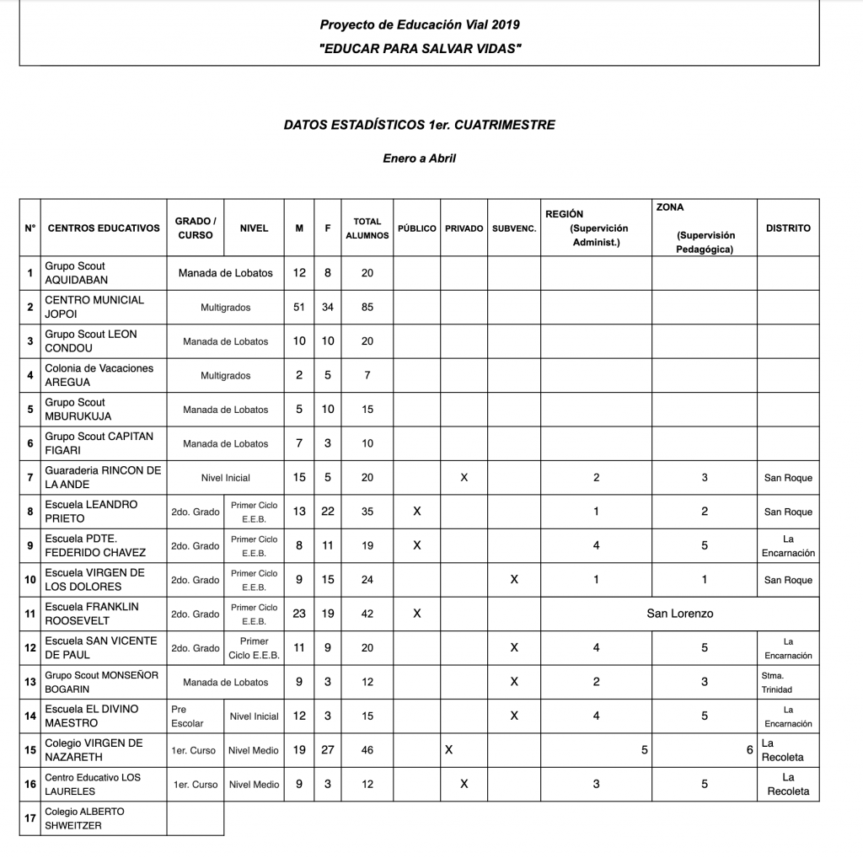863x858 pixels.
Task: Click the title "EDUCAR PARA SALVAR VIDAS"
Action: (x=420, y=49)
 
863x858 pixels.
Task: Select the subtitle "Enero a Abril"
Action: (x=419, y=158)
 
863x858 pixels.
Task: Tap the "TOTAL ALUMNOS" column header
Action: (x=367, y=228)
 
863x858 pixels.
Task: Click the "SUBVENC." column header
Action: (x=514, y=228)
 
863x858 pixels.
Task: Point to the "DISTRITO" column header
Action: (x=788, y=228)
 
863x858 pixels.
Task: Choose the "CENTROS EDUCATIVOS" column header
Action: (x=104, y=228)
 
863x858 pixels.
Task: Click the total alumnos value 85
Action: (x=367, y=308)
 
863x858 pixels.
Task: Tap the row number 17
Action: (x=30, y=818)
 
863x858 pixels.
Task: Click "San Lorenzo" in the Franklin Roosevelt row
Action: (x=679, y=614)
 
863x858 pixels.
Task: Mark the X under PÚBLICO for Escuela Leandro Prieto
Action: (x=417, y=512)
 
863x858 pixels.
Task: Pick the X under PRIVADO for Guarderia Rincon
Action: (x=464, y=478)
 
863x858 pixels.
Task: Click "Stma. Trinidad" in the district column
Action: (x=776, y=682)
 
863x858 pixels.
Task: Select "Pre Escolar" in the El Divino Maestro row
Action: (x=187, y=716)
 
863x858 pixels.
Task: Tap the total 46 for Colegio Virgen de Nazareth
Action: (x=367, y=750)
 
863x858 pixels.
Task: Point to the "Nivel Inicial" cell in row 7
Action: (x=225, y=478)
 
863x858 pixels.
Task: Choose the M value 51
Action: (x=299, y=308)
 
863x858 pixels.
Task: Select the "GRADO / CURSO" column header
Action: (x=196, y=228)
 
